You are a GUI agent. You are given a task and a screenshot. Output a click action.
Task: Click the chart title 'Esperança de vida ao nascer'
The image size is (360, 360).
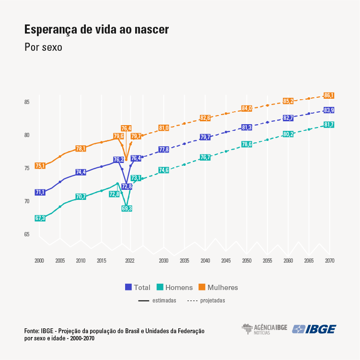click(96, 30)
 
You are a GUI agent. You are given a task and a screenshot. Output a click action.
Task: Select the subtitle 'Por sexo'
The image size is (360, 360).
click(43, 47)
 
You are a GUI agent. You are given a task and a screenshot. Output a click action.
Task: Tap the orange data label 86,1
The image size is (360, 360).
click(329, 95)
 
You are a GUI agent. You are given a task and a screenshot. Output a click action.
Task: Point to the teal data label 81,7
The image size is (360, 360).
click(329, 125)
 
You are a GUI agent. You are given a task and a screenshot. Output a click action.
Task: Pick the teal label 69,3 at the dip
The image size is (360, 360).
click(127, 209)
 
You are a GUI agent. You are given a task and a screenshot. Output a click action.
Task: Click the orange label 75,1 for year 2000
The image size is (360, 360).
click(40, 166)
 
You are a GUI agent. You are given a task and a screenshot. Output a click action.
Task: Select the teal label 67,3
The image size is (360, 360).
click(40, 218)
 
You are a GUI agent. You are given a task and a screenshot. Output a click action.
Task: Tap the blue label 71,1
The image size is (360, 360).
click(40, 192)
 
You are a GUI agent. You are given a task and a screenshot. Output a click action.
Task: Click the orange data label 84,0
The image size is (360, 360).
click(246, 108)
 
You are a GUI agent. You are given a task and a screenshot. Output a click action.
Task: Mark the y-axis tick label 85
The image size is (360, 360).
click(27, 102)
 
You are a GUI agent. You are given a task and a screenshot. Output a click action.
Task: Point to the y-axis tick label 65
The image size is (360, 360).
click(27, 234)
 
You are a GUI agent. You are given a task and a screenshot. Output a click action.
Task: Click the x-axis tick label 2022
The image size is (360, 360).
click(129, 261)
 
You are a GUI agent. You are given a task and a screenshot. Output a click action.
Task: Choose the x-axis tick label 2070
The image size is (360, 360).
click(329, 261)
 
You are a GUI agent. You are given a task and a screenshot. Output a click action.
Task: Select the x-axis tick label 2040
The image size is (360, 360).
click(205, 261)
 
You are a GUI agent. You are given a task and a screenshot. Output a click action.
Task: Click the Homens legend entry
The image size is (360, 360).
click(174, 288)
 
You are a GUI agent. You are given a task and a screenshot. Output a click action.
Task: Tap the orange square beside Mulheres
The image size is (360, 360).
click(202, 288)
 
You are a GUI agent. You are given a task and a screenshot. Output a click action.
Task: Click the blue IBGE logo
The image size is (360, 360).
click(314, 329)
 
